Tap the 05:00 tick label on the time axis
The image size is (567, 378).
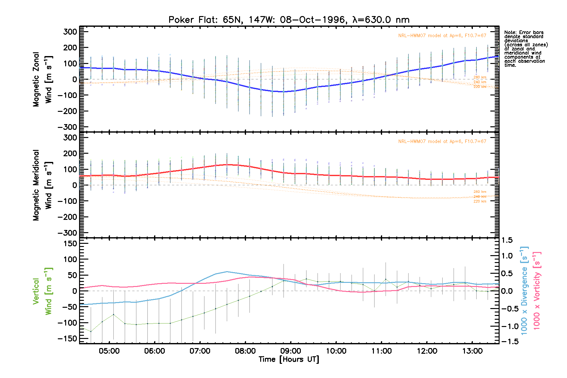tap(109, 351)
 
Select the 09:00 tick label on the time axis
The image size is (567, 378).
tap(290, 351)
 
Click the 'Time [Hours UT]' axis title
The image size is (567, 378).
tap(289, 359)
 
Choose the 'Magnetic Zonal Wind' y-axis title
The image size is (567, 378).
tap(42, 79)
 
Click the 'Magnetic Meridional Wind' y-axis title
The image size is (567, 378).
tap(42, 185)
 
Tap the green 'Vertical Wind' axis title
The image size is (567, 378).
tap(42, 291)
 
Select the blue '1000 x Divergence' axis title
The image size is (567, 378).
tap(524, 290)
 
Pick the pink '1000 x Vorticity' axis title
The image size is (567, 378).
tap(536, 290)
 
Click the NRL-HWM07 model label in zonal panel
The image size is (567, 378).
tap(442, 36)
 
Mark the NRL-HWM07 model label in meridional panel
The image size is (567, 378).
tap(442, 141)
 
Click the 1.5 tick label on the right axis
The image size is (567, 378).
tap(507, 240)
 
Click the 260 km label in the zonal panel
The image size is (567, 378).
tap(480, 77)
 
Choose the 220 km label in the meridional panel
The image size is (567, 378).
tap(480, 201)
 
